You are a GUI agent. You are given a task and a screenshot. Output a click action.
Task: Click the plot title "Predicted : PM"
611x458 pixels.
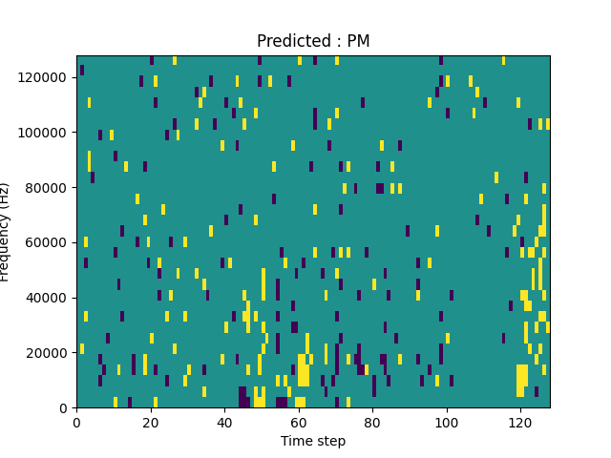[x=313, y=41]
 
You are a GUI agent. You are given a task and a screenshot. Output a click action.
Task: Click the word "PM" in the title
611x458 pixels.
[x=358, y=41]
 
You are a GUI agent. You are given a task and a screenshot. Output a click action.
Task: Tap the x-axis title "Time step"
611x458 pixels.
[x=313, y=441]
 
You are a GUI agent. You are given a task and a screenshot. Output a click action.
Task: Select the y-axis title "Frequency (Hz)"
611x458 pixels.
[x=7, y=232]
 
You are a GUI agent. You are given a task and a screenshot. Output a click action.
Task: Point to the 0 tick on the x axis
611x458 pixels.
[x=76, y=422]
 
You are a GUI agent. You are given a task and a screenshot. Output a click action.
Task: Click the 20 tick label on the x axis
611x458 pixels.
[x=151, y=422]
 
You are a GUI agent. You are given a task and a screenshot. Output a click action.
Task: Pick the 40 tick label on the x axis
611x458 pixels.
[x=224, y=422]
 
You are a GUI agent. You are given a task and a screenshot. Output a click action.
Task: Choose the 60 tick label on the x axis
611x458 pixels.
[x=299, y=422]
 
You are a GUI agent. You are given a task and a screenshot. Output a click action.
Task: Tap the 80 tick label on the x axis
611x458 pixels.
[x=372, y=422]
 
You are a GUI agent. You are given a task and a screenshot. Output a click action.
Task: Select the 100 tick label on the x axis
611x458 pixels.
[x=446, y=422]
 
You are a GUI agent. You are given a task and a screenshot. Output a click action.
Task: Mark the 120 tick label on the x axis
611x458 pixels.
[x=520, y=422]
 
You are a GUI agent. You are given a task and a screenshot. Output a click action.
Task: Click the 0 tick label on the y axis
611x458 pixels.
[x=65, y=408]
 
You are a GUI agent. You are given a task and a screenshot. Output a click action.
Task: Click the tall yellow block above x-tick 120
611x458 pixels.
[x=521, y=380]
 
